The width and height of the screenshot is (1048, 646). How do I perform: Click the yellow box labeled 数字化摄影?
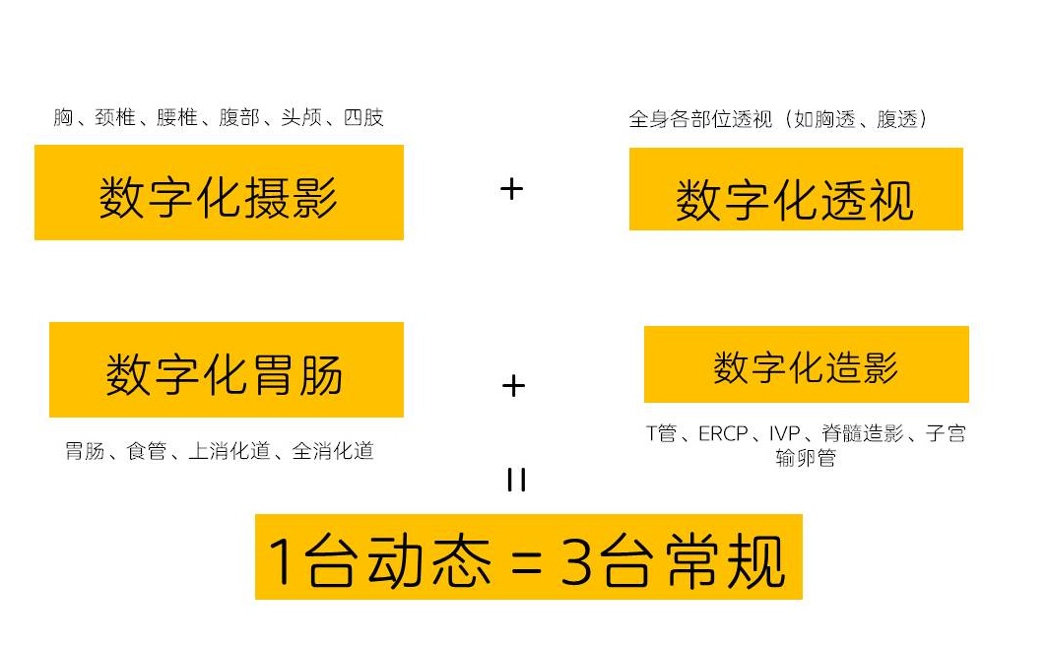point(219,192)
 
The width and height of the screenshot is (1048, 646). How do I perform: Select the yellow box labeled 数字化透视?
point(796,189)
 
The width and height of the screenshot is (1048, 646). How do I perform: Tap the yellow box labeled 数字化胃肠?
point(227,370)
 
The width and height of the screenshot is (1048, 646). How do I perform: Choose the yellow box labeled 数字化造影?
point(806,364)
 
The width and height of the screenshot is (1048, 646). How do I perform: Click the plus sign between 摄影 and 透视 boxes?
point(511,190)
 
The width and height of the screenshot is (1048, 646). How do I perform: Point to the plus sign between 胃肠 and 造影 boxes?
point(513,386)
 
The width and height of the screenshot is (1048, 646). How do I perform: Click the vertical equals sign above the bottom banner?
point(517,480)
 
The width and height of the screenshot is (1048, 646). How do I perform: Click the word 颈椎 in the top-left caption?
point(115,117)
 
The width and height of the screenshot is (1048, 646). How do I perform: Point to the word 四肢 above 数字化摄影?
point(363,117)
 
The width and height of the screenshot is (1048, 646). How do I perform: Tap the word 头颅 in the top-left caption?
point(301,117)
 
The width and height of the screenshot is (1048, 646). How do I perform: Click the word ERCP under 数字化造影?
point(723,434)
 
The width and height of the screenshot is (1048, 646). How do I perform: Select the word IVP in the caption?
point(785,434)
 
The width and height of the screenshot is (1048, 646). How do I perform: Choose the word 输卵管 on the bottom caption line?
point(806,458)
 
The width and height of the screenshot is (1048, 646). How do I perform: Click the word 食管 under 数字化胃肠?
point(147,452)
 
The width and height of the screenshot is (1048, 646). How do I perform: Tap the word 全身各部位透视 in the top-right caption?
point(700,119)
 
